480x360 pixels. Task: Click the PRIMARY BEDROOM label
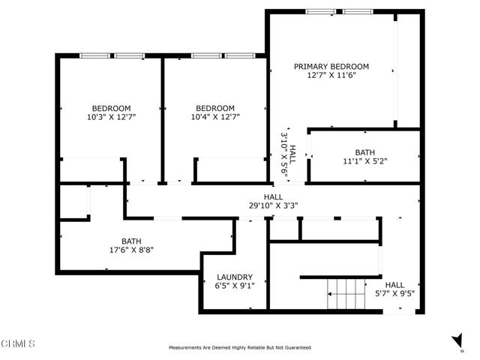331,67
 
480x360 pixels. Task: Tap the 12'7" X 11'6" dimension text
331,75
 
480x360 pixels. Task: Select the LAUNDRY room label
235,277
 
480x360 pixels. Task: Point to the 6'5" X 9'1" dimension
235,286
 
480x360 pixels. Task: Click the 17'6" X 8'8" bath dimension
131,250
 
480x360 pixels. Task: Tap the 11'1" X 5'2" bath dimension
365,160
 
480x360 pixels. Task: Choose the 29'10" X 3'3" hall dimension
273,205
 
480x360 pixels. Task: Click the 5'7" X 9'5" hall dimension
395,293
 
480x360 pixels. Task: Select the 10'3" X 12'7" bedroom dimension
112,117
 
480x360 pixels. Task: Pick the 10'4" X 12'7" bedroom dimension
215,117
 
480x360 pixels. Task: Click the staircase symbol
346,294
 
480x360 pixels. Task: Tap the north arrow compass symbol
457,340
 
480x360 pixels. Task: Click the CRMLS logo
18,343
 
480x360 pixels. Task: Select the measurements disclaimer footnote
240,347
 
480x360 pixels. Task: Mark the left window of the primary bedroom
320,12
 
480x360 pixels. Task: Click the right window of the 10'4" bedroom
240,55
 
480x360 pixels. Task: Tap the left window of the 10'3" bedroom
95,55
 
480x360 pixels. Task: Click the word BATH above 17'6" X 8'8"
131,241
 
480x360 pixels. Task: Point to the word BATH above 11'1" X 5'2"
365,152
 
